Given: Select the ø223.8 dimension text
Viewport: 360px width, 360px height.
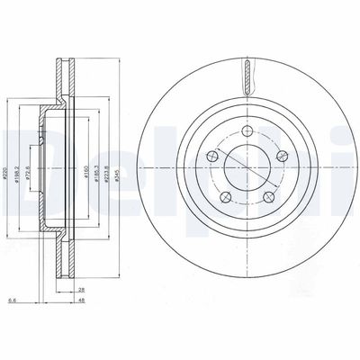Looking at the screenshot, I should click(x=107, y=166).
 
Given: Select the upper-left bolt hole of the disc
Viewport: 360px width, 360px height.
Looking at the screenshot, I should click(x=213, y=157).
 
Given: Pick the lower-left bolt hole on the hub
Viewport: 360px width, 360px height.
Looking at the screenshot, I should click(x=226, y=197).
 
